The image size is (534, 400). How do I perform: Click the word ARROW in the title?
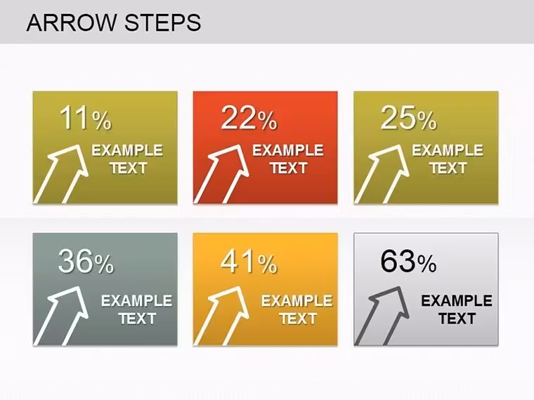pos(72,22)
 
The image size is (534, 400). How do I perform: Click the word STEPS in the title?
pos(163,22)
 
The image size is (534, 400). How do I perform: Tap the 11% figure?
pos(86,118)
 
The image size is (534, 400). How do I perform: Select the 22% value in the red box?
pos(249,118)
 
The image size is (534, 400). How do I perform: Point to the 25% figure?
pos(408,118)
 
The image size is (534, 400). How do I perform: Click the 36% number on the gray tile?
pos(86,261)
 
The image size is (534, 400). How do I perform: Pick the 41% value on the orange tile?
pos(249,261)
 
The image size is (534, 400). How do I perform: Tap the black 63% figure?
pos(408,261)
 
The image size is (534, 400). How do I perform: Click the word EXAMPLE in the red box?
pos(288,150)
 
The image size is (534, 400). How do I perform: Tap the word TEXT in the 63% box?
pos(457,319)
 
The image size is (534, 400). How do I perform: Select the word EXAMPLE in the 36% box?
pos(137,301)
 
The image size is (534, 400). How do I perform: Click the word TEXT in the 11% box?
pos(129,168)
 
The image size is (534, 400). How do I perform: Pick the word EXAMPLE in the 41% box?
pos(297,301)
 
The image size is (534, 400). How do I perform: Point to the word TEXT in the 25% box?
pos(448,168)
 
